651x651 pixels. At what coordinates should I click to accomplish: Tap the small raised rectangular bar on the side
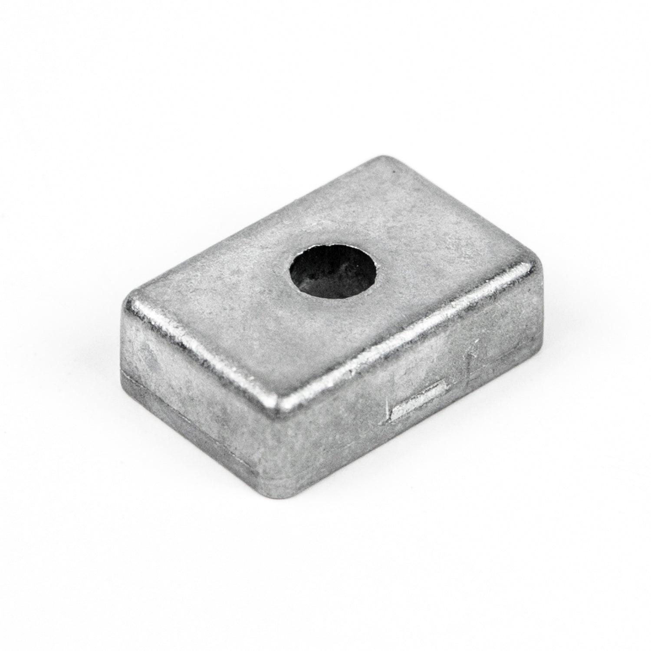(x=419, y=397)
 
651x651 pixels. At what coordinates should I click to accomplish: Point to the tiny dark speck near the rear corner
(x=393, y=171)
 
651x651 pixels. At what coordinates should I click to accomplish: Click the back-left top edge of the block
(x=252, y=226)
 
